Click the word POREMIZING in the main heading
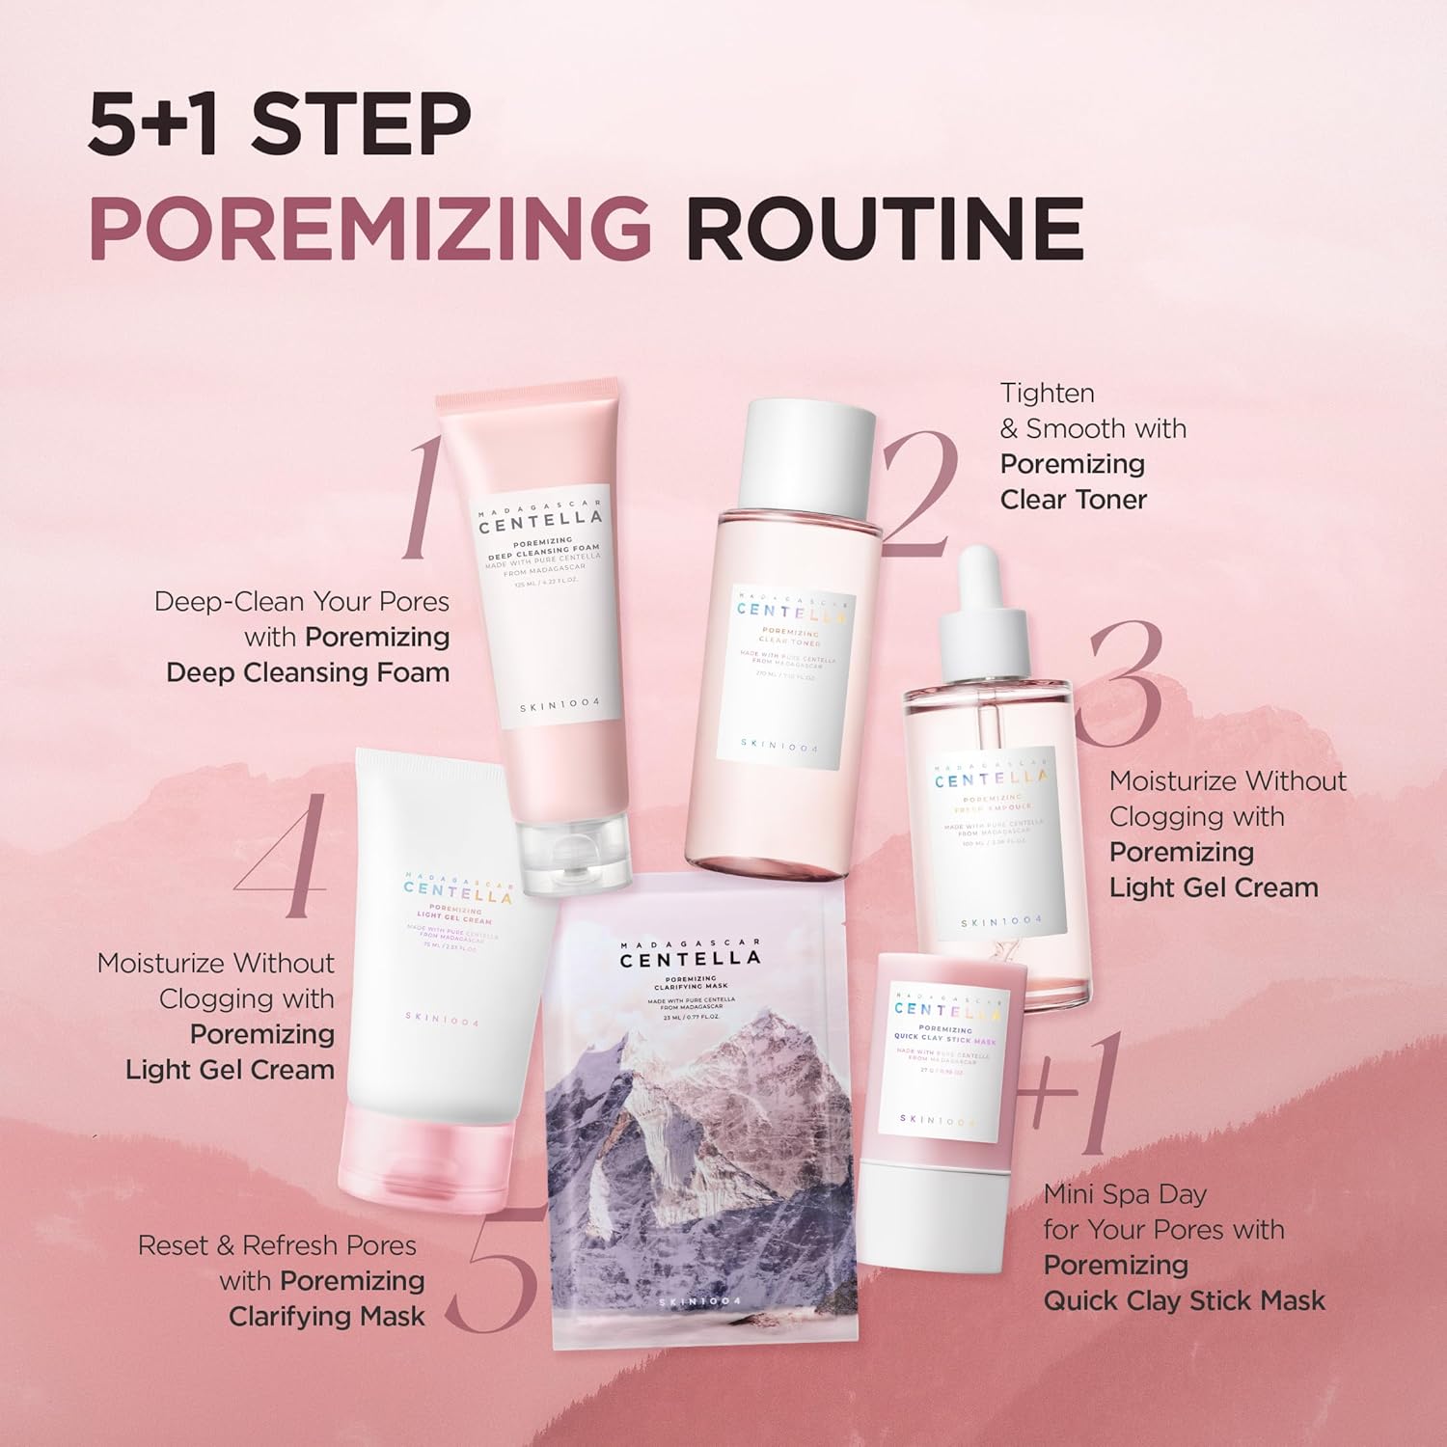tap(369, 230)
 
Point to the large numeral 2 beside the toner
tap(918, 494)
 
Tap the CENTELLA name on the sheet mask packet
tap(690, 959)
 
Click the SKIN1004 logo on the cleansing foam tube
tap(560, 706)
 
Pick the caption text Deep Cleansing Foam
tap(308, 672)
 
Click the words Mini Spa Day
tap(1125, 1194)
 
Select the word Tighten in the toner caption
tap(1047, 394)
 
